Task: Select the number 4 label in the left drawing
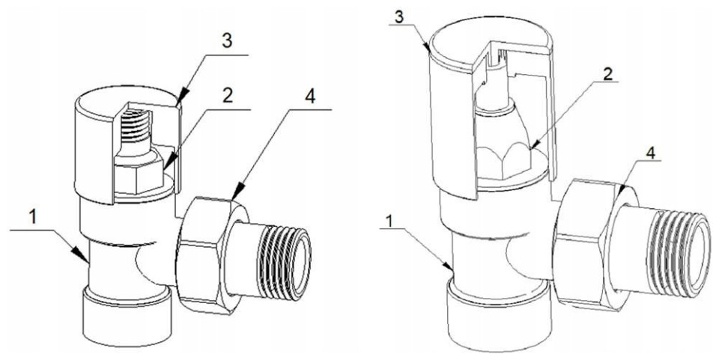[310, 97]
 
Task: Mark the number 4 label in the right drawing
[651, 153]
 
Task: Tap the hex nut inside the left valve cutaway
[138, 174]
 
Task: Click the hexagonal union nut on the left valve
[212, 254]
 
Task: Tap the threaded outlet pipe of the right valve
[666, 253]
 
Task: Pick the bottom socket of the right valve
[498, 316]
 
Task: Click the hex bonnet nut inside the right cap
[503, 162]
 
